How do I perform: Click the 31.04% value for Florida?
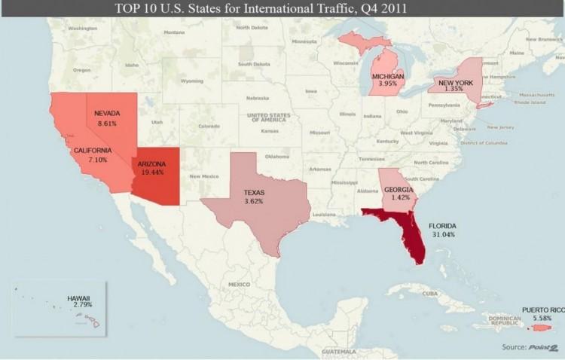coord(441,235)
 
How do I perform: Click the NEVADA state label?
coord(108,113)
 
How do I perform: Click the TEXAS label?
coord(254,193)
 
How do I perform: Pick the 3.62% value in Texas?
coord(254,201)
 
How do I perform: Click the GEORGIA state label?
coord(397,190)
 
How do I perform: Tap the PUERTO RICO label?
coord(542,310)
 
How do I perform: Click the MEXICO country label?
coord(239,284)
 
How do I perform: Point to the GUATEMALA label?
coord(337,352)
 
